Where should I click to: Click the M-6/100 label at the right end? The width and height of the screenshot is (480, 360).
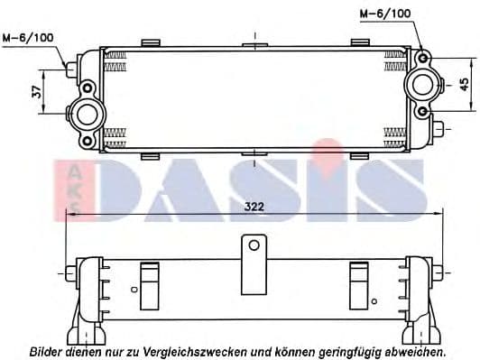tap(384, 14)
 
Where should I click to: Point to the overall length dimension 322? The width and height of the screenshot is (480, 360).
tap(254, 207)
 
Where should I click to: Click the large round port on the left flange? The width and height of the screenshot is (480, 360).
tap(88, 115)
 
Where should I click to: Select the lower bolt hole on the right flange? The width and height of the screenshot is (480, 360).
tap(422, 111)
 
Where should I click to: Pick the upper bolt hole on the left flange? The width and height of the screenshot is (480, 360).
tap(88, 88)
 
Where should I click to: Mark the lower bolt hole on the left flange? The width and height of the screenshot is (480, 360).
tap(88, 140)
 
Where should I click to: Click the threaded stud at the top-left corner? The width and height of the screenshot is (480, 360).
tap(71, 68)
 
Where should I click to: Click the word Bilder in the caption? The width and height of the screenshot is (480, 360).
tap(48, 350)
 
